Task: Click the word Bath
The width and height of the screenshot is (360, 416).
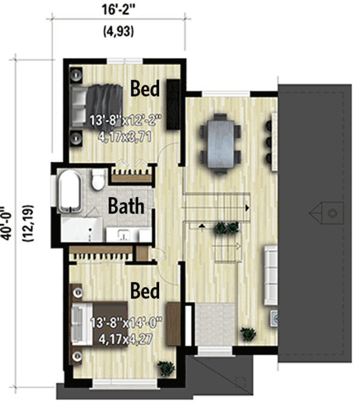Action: (x=126, y=206)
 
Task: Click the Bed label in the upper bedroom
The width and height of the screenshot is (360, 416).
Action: (x=146, y=89)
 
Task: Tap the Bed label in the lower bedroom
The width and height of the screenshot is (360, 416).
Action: (x=146, y=292)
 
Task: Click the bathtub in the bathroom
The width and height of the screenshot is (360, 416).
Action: (x=70, y=191)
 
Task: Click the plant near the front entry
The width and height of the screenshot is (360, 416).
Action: (x=247, y=334)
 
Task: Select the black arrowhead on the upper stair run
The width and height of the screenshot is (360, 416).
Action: (x=247, y=207)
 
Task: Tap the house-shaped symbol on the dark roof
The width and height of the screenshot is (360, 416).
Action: (x=327, y=212)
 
